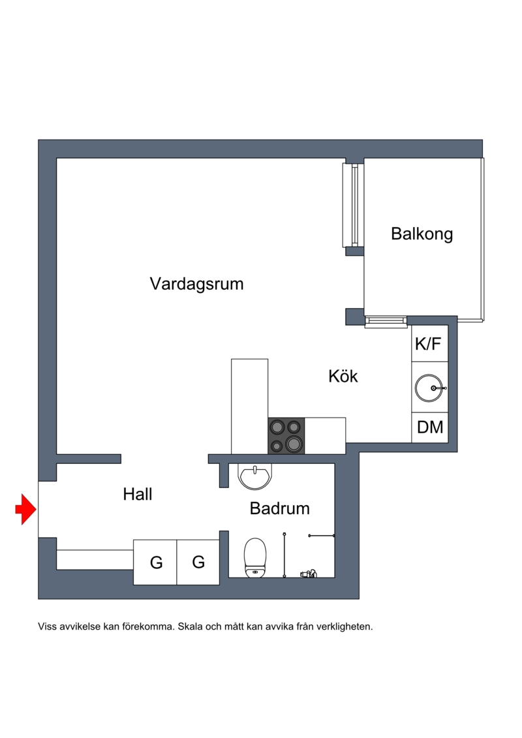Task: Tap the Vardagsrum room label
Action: click(196, 284)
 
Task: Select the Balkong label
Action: click(422, 234)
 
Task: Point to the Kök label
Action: click(343, 377)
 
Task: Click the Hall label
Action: click(138, 495)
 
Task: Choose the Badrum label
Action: click(279, 508)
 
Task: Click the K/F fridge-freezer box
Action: click(429, 344)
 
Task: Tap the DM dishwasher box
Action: click(430, 427)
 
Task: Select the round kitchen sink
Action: click(430, 388)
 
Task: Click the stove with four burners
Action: click(286, 435)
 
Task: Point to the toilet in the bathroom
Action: click(255, 558)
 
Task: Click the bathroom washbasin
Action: click(254, 476)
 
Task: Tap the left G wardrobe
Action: click(155, 562)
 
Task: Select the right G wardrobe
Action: click(198, 562)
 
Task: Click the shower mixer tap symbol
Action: click(308, 574)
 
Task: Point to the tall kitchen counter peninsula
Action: click(249, 405)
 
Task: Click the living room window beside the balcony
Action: click(351, 204)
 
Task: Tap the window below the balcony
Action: click(386, 321)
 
